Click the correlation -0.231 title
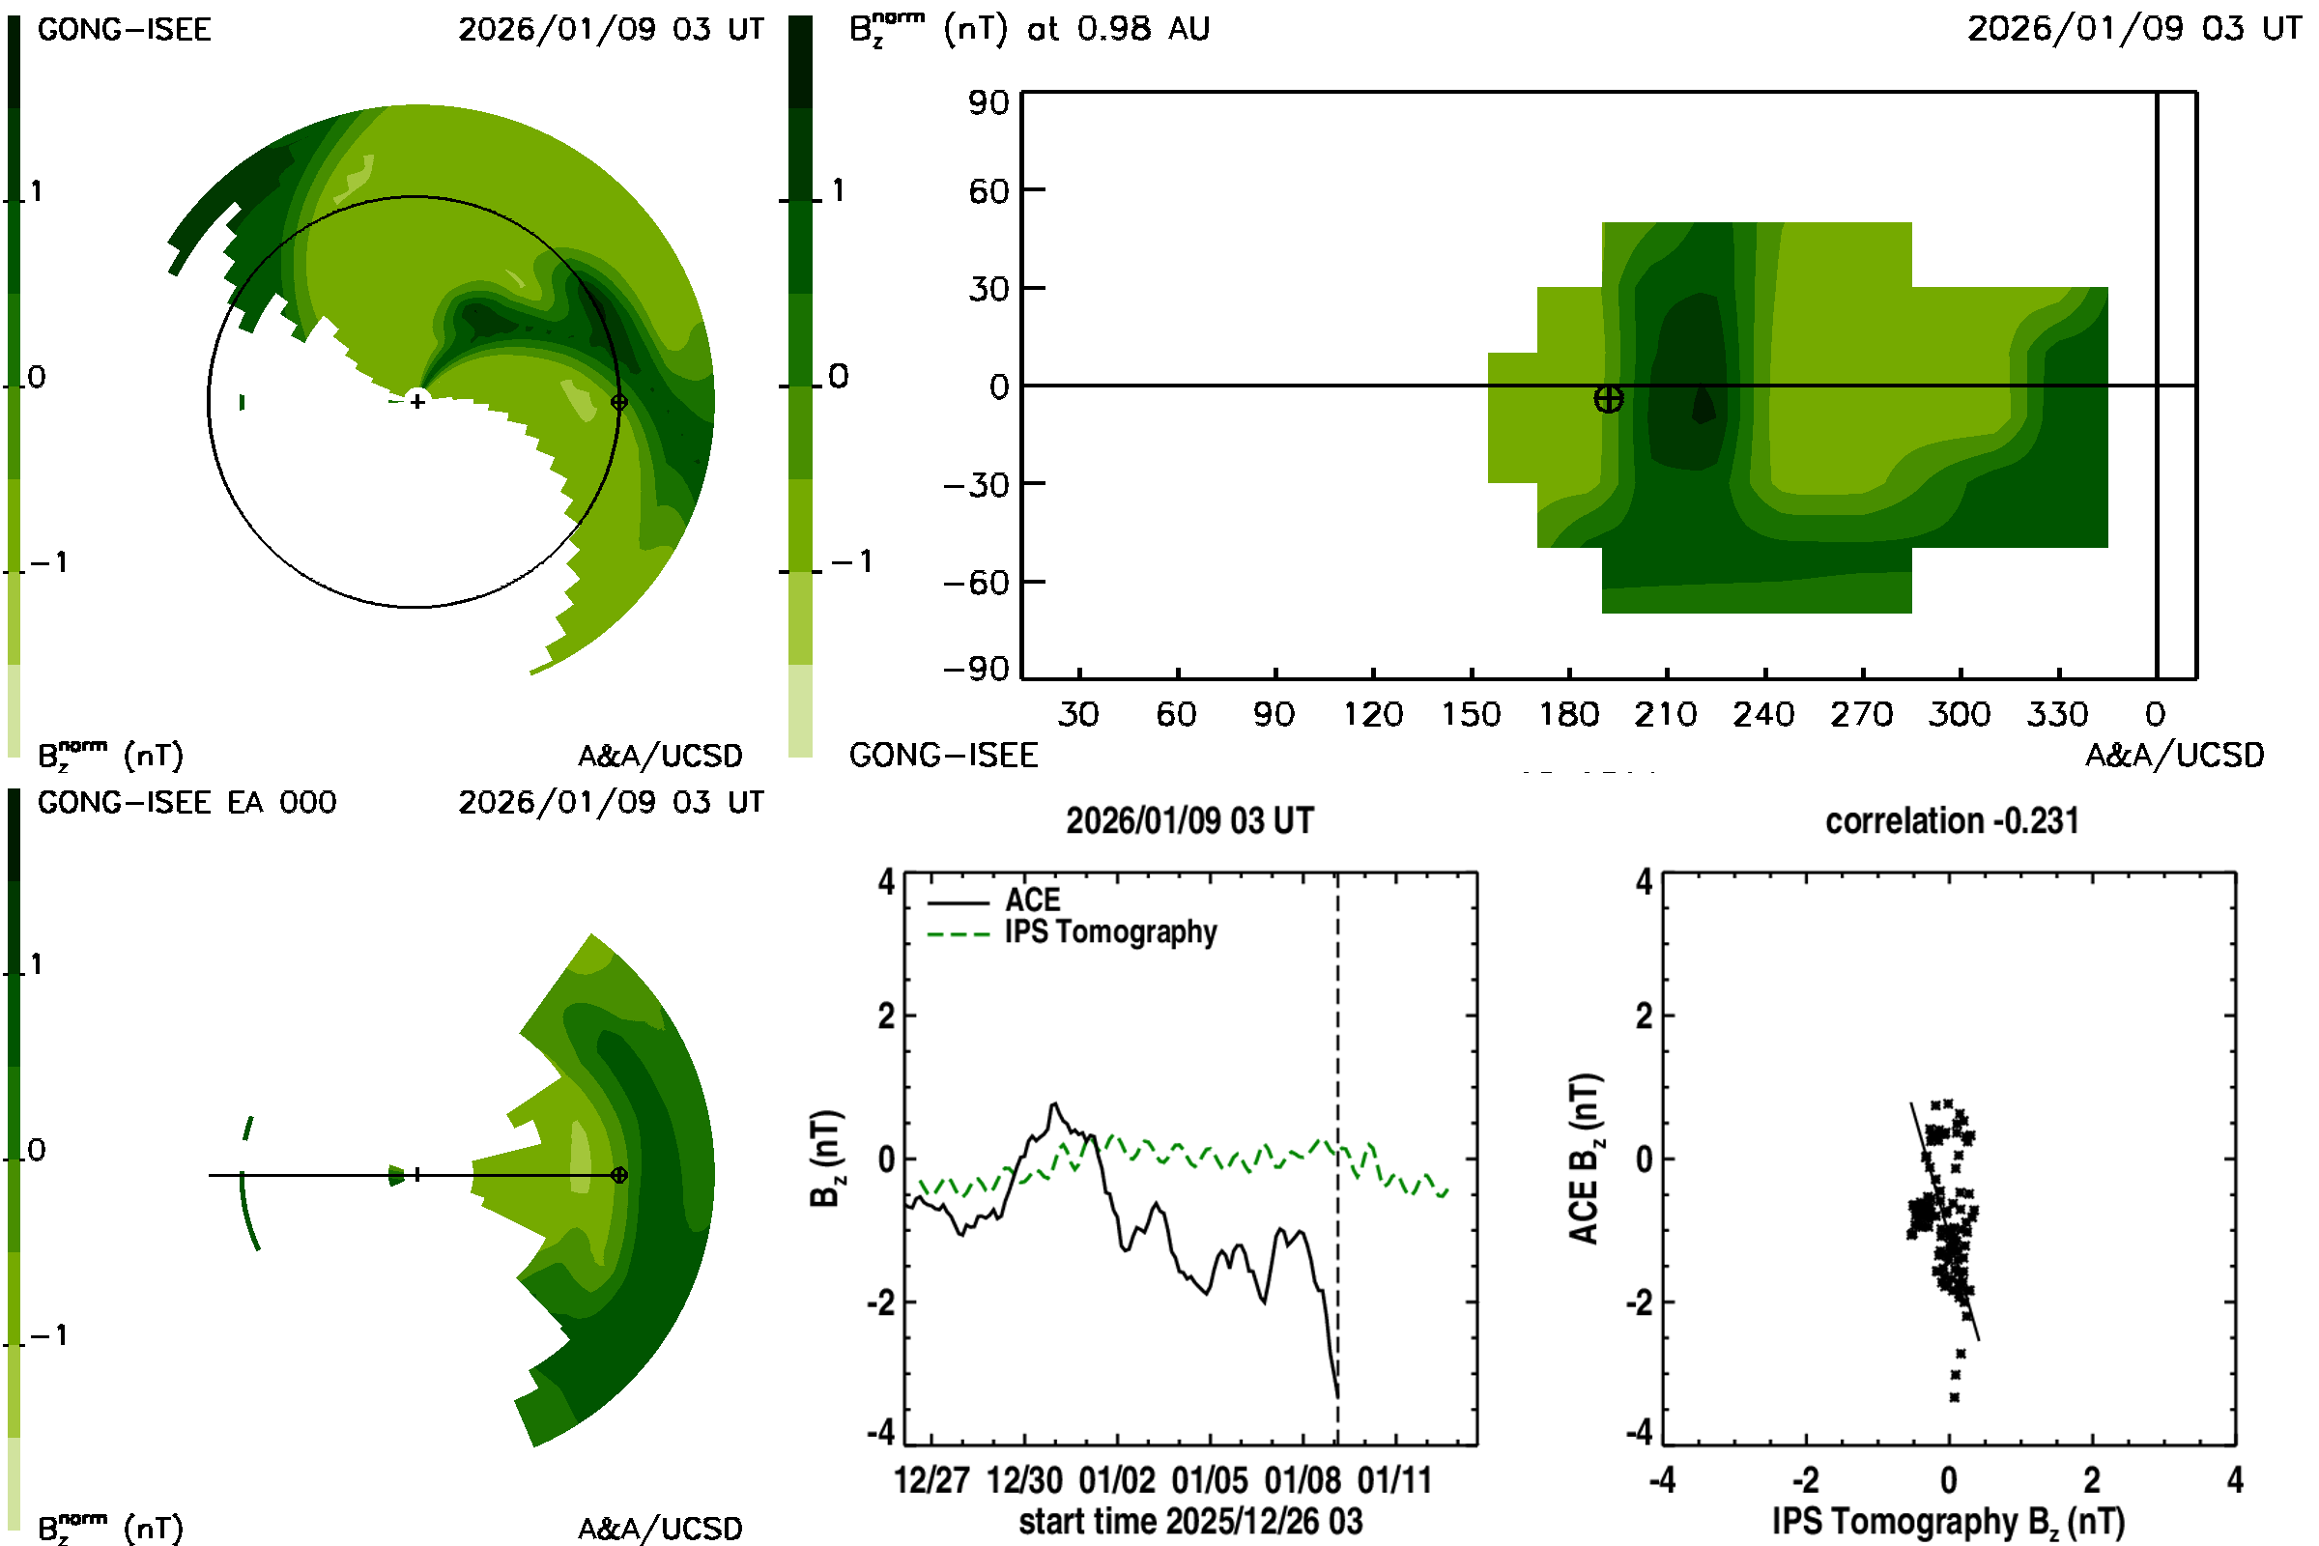[1951, 821]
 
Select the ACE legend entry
[1032, 901]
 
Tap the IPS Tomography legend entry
[1110, 931]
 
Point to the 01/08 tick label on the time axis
[1303, 1480]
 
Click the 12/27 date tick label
[931, 1480]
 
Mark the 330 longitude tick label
[2057, 714]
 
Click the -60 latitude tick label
[976, 583]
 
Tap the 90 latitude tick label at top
[988, 102]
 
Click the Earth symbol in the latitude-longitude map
[1608, 398]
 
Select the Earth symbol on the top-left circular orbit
[619, 402]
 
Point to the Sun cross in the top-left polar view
[418, 401]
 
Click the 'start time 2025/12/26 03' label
[1190, 1521]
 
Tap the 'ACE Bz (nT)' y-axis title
[1584, 1159]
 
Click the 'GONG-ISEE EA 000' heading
[186, 803]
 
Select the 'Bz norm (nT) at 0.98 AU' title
[1029, 30]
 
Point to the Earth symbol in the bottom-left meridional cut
[619, 1175]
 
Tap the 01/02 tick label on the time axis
[1116, 1480]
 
